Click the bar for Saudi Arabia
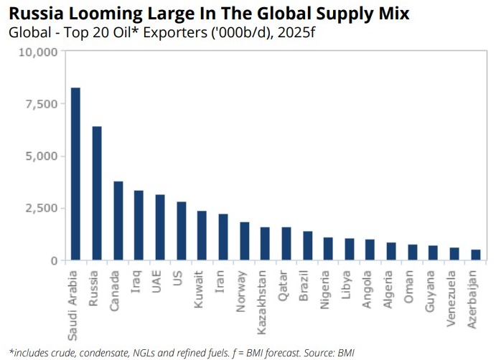[75, 174]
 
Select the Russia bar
[97, 193]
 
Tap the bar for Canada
[118, 221]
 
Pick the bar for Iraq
[139, 225]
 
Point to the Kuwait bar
[181, 235]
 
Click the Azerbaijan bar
[475, 255]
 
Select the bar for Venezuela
[454, 254]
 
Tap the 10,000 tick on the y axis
[37, 52]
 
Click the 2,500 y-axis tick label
[40, 208]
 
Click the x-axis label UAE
[159, 280]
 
